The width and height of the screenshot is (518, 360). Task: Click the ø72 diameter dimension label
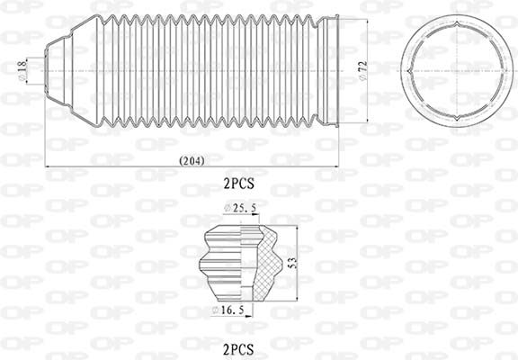pyautogui.click(x=362, y=71)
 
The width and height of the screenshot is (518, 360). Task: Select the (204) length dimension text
pyautogui.click(x=192, y=161)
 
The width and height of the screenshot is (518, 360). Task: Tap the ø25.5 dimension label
pyautogui.click(x=240, y=208)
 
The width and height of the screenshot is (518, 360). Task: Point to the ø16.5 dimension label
pyautogui.click(x=228, y=310)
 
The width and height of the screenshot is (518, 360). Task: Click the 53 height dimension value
pyautogui.click(x=292, y=263)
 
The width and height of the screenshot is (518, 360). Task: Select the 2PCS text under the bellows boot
pyautogui.click(x=239, y=184)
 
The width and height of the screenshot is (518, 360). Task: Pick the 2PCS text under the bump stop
pyautogui.click(x=239, y=349)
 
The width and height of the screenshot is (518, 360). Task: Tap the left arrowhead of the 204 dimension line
pyautogui.click(x=48, y=166)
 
